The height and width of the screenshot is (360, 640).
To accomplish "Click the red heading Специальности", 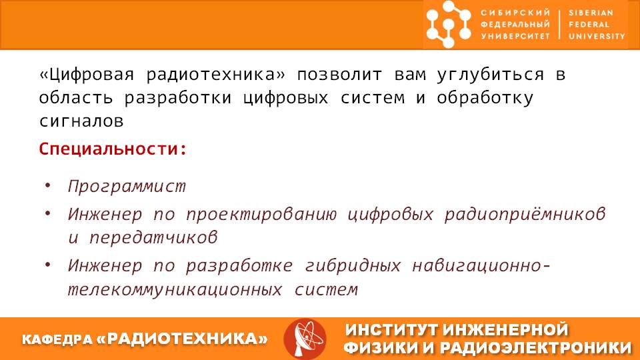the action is tap(113, 149).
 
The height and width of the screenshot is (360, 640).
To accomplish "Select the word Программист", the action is tap(127, 187).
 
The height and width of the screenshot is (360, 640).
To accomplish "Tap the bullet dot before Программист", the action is tap(48, 186).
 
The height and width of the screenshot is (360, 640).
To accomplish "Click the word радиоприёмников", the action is tap(525, 214).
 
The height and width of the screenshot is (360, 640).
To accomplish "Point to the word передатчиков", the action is tap(153, 237).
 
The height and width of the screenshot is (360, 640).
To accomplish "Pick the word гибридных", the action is tap(353, 266).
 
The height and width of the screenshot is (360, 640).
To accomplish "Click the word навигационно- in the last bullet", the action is tap(481, 266).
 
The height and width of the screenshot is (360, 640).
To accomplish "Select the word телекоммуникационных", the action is tap(175, 290).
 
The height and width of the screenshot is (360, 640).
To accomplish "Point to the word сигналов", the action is tap(81, 121).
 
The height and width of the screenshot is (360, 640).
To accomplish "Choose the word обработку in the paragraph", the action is tap(485, 98).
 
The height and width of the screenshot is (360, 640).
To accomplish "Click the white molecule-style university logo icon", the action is tap(449, 24).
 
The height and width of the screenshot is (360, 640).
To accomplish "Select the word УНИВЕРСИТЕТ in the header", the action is tap(515, 36).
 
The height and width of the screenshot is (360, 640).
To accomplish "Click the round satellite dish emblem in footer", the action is tap(305, 339).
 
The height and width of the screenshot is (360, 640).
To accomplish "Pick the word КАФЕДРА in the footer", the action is tap(57, 339).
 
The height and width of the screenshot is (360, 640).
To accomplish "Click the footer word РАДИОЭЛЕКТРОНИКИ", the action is tap(535, 348).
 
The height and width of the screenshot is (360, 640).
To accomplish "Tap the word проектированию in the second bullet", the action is tap(261, 214).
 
